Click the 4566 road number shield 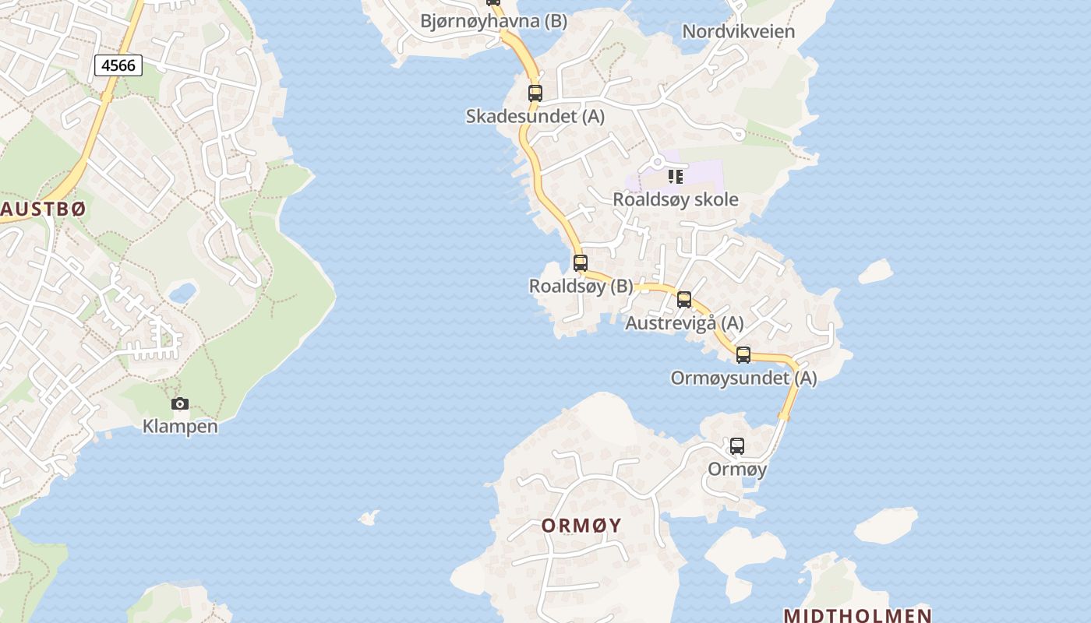[118, 65]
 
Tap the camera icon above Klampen [180, 403]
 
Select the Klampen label [180, 426]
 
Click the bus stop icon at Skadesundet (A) [535, 93]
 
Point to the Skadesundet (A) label [535, 117]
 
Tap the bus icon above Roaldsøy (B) [580, 263]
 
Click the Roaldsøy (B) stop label [581, 286]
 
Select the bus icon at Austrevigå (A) [683, 300]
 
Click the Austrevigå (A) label [684, 322]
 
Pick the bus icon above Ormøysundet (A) [743, 355]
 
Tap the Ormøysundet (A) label [743, 378]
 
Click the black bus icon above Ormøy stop [736, 446]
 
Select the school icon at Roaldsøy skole [675, 177]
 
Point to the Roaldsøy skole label [675, 199]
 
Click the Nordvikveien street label [738, 31]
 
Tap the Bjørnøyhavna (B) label [493, 21]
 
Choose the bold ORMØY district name [582, 525]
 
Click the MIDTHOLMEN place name [857, 615]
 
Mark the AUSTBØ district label [43, 209]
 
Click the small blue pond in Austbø [182, 293]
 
